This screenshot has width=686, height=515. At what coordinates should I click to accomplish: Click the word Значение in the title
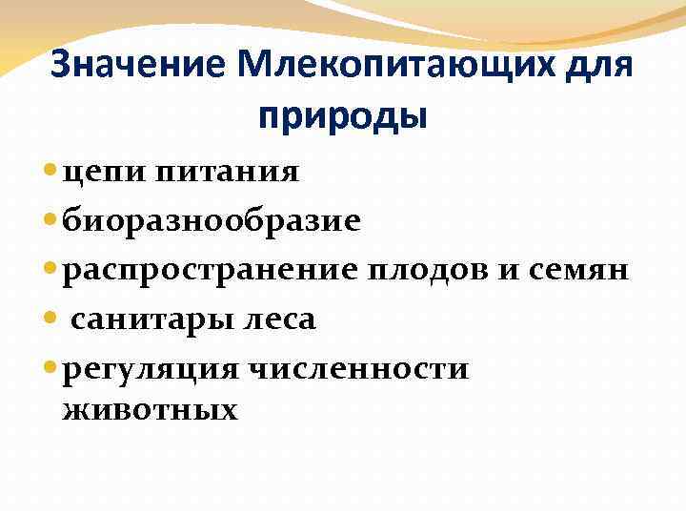133,66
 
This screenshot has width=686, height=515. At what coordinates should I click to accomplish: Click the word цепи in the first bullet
95,173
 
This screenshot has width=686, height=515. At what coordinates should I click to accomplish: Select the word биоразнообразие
211,221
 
